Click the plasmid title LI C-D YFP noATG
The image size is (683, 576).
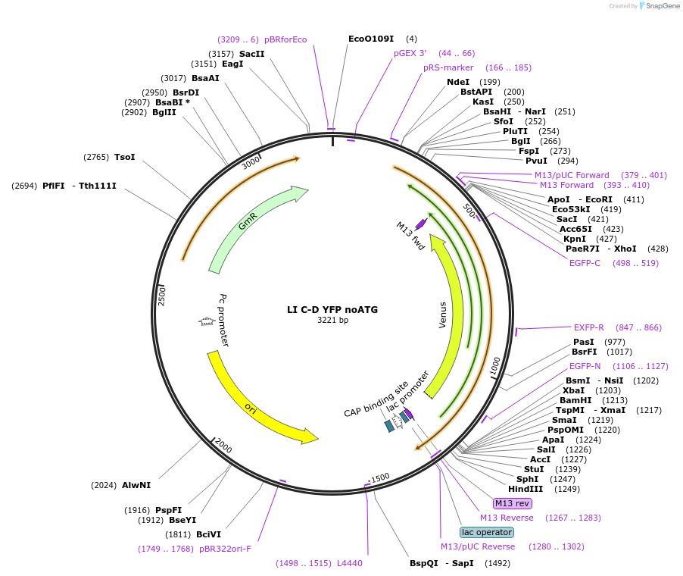[332, 309]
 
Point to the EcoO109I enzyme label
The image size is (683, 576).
[371, 39]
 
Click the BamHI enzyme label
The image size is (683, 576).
[572, 400]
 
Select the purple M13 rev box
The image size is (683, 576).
[513, 503]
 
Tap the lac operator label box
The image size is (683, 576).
[487, 532]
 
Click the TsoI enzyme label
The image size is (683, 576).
[125, 157]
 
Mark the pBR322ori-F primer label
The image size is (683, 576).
[225, 549]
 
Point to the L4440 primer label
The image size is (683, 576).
[350, 563]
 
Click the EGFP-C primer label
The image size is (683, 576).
[585, 263]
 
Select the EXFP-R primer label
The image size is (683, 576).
[589, 327]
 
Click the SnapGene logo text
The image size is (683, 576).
[663, 6]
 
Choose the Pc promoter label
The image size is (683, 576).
[224, 320]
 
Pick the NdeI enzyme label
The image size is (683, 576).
[458, 82]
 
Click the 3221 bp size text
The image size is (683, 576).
[332, 321]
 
